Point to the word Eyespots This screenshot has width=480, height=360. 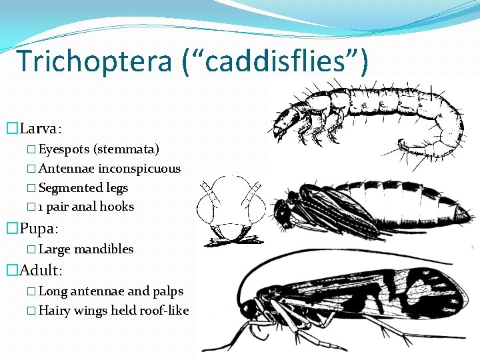click(x=64, y=149)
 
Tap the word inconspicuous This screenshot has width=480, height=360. click(x=139, y=169)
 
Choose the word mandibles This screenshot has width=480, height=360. click(x=103, y=249)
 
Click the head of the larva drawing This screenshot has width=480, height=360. click(x=286, y=120)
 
